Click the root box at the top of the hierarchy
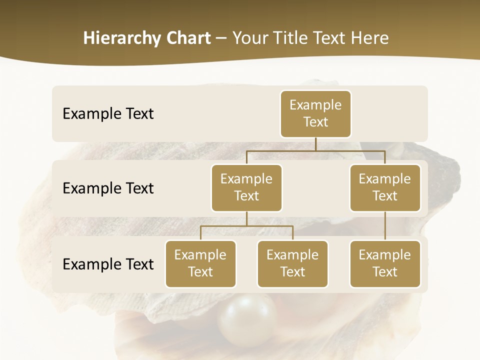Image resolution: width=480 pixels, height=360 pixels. [315, 113]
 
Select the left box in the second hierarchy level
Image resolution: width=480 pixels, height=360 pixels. [246, 187]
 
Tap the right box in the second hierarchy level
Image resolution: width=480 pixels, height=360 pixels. [385, 187]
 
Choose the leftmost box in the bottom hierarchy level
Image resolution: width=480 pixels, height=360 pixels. [200, 263]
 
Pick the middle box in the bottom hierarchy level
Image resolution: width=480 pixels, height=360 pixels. [292, 263]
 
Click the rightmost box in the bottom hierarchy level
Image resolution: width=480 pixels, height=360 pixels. [385, 263]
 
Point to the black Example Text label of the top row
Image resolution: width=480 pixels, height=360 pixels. [108, 114]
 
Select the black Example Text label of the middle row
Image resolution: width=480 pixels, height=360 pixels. [108, 188]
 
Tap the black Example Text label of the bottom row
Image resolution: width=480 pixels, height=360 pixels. [108, 264]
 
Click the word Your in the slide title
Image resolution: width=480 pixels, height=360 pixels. [249, 38]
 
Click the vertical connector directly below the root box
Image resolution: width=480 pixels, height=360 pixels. [315, 144]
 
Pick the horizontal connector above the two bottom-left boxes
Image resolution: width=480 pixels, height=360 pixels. [246, 226]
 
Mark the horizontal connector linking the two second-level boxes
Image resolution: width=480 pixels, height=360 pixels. [315, 150]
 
